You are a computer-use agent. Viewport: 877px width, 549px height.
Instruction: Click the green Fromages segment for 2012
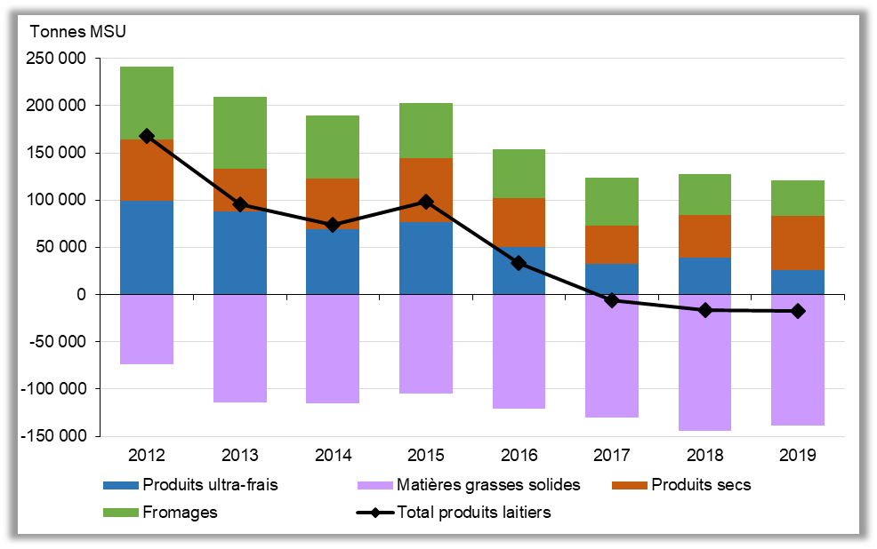pyautogui.click(x=146, y=103)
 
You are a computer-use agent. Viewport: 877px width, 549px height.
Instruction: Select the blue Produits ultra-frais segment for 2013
pyautogui.click(x=239, y=252)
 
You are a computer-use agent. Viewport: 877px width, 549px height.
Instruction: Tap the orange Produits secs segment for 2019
pyautogui.click(x=798, y=243)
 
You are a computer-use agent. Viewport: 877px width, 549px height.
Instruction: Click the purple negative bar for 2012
pyautogui.click(x=146, y=329)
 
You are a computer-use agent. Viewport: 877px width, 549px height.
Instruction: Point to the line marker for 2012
pyautogui.click(x=146, y=136)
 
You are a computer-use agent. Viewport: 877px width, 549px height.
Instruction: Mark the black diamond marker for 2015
pyautogui.click(x=425, y=202)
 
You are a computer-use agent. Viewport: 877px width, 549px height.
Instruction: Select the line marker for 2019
pyautogui.click(x=798, y=311)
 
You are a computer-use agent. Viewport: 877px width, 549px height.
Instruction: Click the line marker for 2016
pyautogui.click(x=519, y=263)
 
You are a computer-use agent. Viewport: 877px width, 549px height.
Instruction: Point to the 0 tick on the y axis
pyautogui.click(x=82, y=294)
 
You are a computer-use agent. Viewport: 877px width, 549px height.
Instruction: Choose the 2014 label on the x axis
pyautogui.click(x=333, y=456)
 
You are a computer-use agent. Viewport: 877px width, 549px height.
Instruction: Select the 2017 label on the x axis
pyautogui.click(x=612, y=456)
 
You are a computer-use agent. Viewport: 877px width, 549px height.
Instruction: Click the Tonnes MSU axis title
pyautogui.click(x=78, y=33)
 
